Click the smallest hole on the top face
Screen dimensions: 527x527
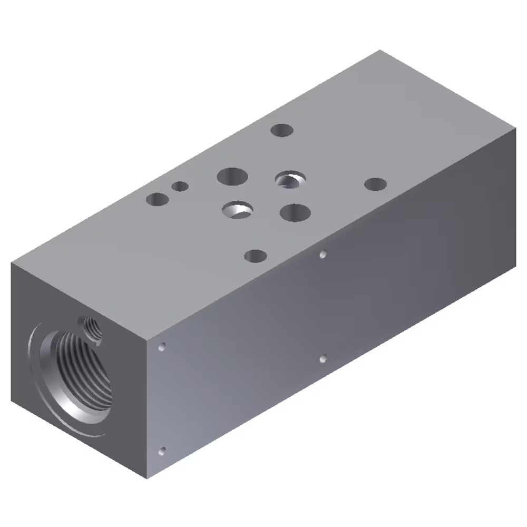click(x=180, y=186)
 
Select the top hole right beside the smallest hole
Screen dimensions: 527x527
click(x=157, y=199)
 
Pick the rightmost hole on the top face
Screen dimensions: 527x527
click(x=375, y=184)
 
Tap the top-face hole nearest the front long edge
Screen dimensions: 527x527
click(x=256, y=257)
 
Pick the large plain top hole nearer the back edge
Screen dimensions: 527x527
click(x=232, y=176)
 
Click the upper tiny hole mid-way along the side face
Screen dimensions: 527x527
click(x=323, y=255)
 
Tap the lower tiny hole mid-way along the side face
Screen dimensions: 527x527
click(x=323, y=359)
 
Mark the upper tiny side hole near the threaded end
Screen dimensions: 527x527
click(x=162, y=347)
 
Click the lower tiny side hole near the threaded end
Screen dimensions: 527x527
click(x=162, y=451)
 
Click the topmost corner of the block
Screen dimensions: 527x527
click(x=380, y=51)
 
